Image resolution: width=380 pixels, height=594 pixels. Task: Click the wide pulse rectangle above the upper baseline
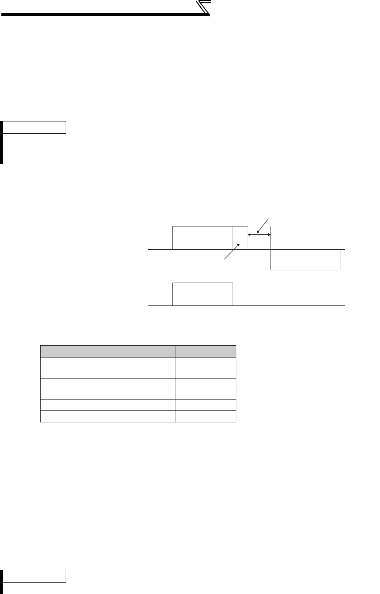point(203,237)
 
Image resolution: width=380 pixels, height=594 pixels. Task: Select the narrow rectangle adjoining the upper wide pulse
point(240,237)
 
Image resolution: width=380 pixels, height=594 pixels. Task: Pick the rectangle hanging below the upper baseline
point(306,260)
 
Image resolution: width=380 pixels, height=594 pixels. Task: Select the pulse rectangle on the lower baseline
point(203,294)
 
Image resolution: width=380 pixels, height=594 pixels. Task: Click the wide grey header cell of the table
point(108,351)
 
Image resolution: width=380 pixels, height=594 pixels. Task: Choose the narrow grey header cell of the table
point(206,351)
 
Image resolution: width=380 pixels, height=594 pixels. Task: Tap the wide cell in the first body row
point(108,368)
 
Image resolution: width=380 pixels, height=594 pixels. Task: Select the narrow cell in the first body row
point(206,368)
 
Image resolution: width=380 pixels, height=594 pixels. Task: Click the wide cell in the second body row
point(108,389)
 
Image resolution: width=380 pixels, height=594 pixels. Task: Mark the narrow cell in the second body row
point(206,389)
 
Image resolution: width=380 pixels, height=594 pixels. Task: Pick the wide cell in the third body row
point(108,405)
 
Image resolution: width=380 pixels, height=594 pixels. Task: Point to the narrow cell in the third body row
point(206,405)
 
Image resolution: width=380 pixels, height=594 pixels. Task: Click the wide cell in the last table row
point(108,416)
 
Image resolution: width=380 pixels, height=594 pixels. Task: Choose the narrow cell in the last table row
point(206,416)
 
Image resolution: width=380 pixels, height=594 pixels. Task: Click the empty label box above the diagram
point(35,127)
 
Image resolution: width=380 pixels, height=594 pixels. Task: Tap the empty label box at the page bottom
point(35,576)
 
